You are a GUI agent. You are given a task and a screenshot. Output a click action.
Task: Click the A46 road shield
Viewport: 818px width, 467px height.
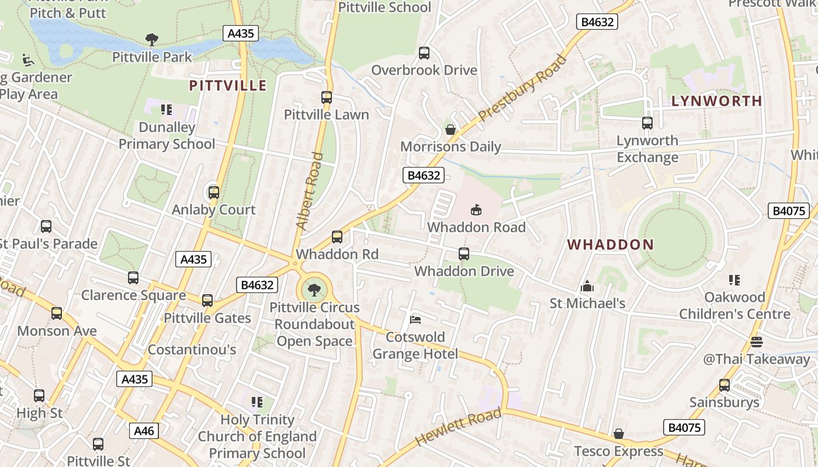144,431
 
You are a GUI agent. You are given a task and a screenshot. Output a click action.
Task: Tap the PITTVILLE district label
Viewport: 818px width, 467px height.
228,86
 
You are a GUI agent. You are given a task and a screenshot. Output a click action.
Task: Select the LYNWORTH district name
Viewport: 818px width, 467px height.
717,101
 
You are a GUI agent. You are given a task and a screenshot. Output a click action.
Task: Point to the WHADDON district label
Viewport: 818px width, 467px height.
610,245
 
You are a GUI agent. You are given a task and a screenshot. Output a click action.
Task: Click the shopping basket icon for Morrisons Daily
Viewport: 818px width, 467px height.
450,130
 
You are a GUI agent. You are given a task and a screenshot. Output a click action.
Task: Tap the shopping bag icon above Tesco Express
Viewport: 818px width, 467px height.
619,434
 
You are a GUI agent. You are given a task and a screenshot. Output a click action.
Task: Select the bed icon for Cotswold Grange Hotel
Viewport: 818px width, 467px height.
415,319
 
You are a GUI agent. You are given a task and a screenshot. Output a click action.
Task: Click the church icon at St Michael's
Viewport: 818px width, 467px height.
587,286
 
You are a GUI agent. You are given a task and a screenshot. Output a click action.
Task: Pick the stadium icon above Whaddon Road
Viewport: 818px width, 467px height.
476,210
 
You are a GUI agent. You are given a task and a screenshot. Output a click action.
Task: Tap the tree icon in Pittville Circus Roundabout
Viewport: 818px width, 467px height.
314,290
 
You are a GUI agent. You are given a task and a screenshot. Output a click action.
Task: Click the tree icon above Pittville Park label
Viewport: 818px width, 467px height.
152,40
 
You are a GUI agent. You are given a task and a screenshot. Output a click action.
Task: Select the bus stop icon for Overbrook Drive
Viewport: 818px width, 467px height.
424,53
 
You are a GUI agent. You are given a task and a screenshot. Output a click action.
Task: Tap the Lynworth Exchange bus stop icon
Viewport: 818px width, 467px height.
647,123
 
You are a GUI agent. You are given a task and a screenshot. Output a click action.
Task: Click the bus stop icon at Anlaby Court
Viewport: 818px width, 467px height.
214,192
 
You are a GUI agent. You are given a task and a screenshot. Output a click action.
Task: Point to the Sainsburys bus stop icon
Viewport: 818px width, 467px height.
725,385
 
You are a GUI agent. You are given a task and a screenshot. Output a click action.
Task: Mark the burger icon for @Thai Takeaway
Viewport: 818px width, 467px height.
757,341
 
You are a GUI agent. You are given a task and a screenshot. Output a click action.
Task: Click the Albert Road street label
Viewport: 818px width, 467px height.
310,190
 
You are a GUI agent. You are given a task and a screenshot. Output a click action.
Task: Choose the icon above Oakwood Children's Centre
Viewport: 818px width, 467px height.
734,280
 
